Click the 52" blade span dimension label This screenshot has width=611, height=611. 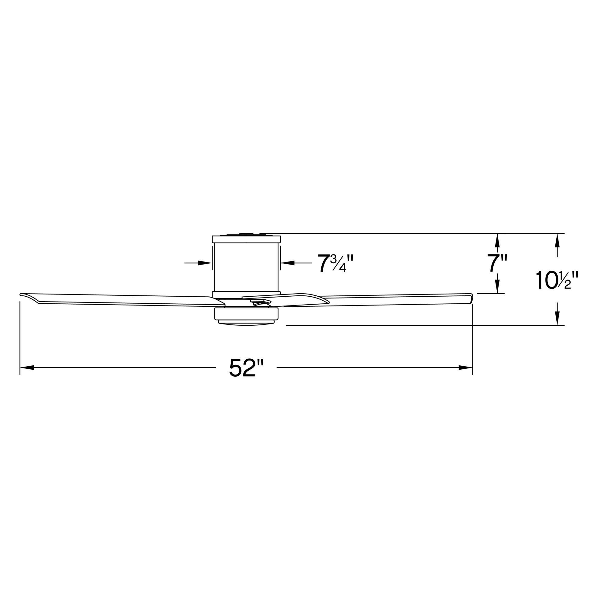246,368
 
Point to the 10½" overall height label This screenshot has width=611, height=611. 557,280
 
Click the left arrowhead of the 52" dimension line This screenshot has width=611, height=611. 27,368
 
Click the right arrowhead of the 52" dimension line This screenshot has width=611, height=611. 466,368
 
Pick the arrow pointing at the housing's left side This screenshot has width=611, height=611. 198,263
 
